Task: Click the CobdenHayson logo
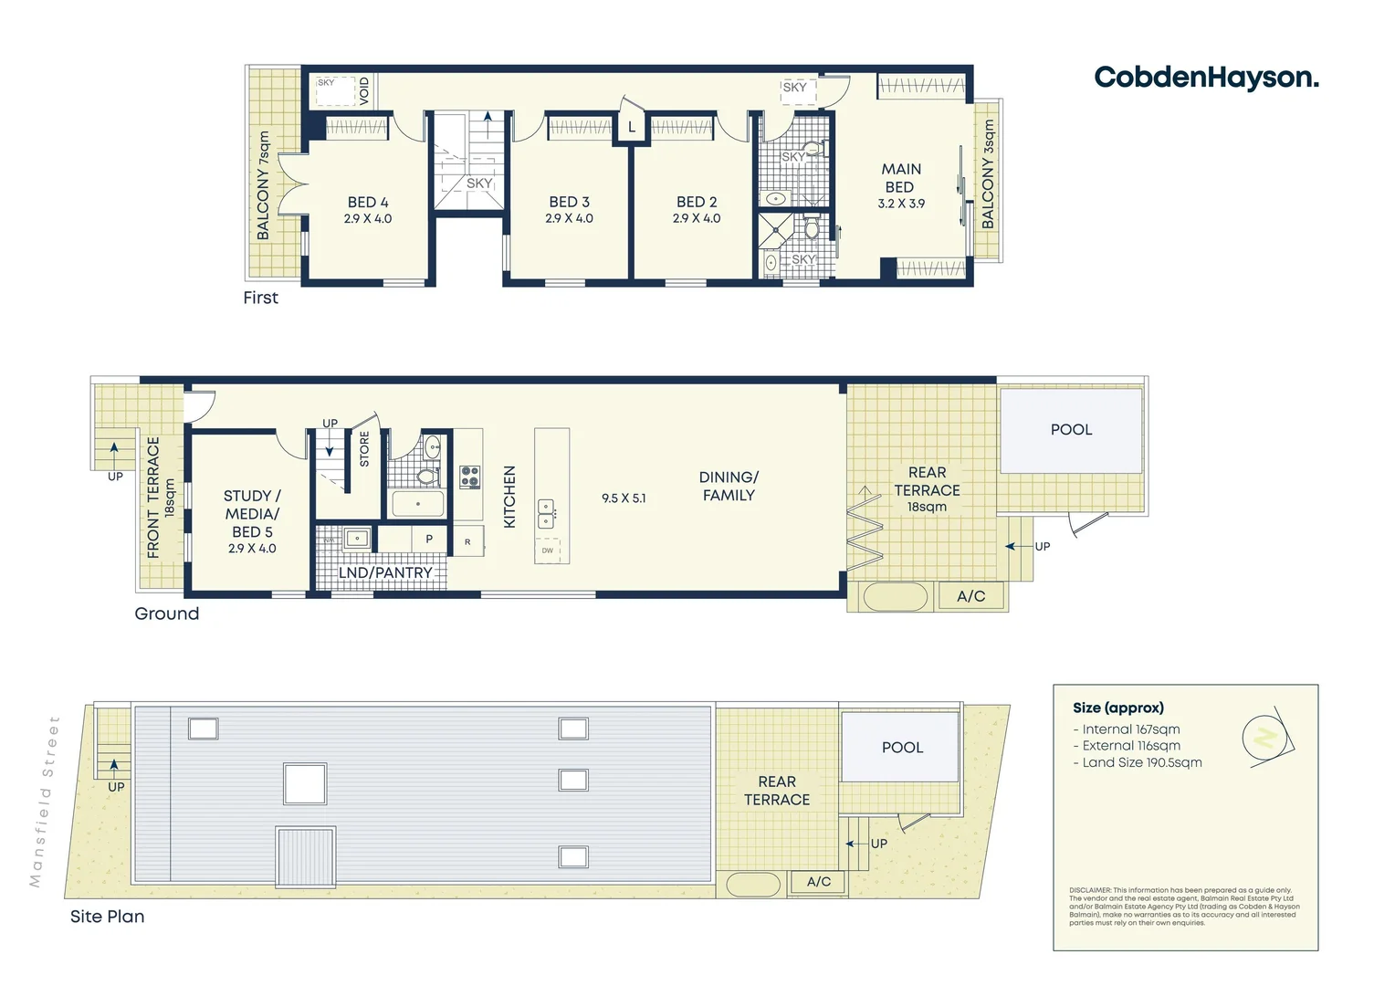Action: (1206, 78)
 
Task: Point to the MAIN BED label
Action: (901, 178)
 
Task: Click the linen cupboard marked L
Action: (631, 128)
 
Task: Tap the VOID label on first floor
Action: (364, 89)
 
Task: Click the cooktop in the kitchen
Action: (470, 477)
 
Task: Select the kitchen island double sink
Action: (546, 514)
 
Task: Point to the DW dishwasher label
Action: (548, 551)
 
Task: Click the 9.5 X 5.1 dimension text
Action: (624, 498)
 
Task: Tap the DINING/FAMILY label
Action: (728, 486)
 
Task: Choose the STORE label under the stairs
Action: (364, 450)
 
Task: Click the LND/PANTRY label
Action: (385, 573)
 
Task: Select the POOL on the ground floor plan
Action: (1071, 430)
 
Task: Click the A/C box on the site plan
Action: (819, 882)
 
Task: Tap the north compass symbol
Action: (1265, 736)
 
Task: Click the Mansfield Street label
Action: (44, 802)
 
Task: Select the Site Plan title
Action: (107, 917)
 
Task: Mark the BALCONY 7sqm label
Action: (264, 185)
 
